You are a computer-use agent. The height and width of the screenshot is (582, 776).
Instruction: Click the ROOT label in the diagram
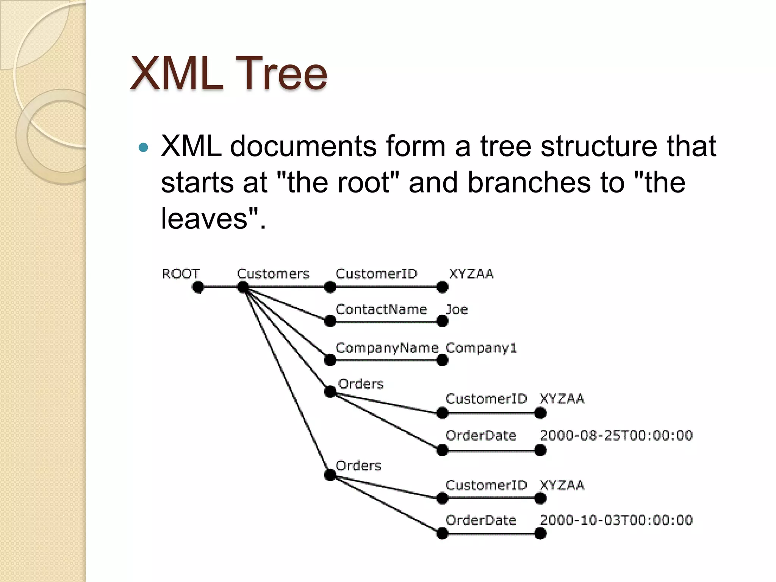click(180, 274)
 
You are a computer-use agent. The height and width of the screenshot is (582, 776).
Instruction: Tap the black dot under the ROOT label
click(198, 287)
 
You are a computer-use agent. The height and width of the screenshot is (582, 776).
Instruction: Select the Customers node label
click(273, 274)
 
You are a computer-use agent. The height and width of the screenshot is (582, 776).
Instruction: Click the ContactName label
click(381, 309)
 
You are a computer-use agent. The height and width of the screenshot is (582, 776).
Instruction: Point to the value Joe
click(457, 309)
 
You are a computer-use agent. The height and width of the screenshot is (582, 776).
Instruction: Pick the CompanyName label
click(386, 348)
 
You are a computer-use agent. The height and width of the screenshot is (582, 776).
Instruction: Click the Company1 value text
click(481, 348)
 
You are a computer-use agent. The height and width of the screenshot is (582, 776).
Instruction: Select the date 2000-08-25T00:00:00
click(616, 435)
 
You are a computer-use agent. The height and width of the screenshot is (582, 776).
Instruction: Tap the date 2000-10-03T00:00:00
click(616, 520)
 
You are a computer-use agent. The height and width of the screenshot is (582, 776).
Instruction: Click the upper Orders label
click(360, 384)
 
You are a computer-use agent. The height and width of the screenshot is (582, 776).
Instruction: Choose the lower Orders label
click(358, 465)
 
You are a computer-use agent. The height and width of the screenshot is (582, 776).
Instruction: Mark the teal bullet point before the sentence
click(143, 147)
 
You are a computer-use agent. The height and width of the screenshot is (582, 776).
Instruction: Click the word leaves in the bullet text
click(204, 218)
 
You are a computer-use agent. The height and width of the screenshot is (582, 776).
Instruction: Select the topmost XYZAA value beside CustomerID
click(471, 274)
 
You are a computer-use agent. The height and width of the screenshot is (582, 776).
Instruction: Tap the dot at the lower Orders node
click(330, 475)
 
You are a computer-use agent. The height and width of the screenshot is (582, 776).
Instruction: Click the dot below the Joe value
click(442, 321)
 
